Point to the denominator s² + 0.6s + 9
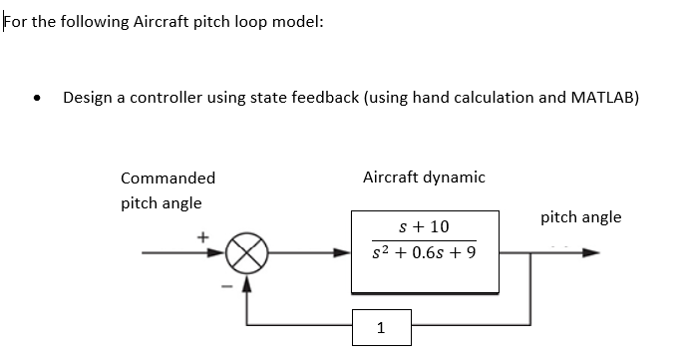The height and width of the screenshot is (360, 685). (423, 253)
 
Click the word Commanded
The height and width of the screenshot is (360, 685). (168, 179)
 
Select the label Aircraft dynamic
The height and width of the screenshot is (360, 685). (424, 178)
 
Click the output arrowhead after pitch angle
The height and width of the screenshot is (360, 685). (591, 253)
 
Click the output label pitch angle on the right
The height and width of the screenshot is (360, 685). (580, 216)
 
